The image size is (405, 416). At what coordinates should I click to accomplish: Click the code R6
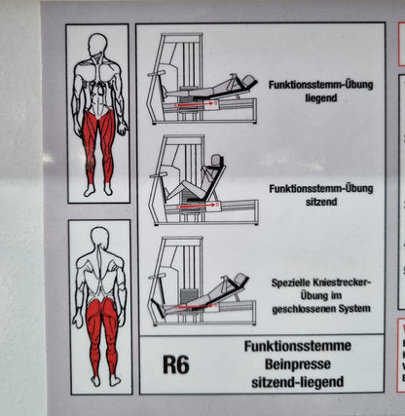(176, 364)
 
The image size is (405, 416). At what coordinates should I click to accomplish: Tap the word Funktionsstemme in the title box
(298, 346)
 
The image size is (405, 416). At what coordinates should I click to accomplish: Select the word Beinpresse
(298, 364)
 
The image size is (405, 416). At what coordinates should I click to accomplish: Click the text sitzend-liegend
(298, 382)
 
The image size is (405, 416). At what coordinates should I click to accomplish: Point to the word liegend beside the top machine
(321, 98)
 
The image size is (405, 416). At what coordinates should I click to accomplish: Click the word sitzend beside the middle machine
(321, 202)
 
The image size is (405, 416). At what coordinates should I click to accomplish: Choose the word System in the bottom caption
(354, 309)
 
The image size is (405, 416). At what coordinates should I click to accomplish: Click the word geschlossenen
(304, 309)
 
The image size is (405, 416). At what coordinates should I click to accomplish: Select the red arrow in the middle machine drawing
(198, 206)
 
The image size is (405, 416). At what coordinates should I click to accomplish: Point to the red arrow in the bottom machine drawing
(197, 306)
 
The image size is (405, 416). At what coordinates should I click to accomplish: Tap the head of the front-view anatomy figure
(98, 44)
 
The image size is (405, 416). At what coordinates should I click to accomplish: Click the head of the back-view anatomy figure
(99, 237)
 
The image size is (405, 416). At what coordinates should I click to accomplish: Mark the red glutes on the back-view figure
(101, 309)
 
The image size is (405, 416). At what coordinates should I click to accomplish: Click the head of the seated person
(215, 160)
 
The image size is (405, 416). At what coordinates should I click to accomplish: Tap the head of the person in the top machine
(248, 80)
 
